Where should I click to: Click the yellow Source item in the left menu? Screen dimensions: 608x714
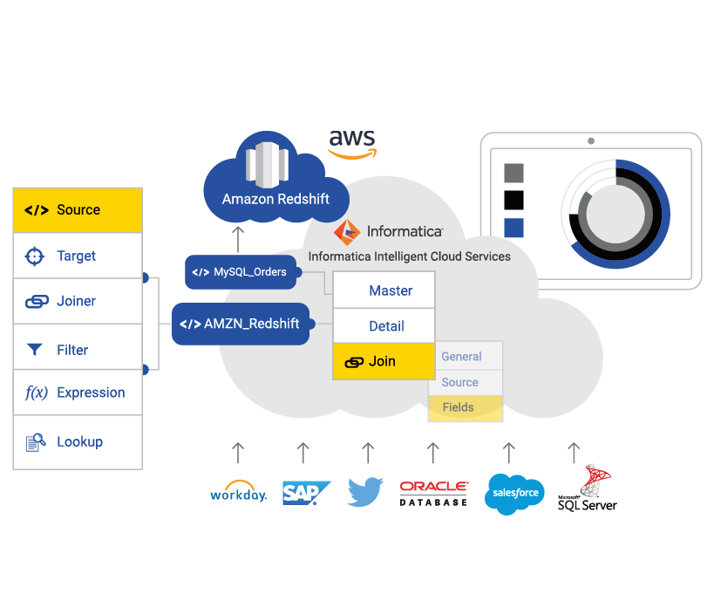coord(77,210)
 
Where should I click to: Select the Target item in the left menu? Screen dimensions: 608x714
coord(77,256)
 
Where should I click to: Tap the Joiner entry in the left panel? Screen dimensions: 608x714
coord(77,302)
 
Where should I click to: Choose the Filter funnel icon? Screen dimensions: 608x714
coord(35,350)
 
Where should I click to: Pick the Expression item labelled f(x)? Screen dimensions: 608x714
coord(77,393)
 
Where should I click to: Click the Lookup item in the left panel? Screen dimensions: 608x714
coord(77,442)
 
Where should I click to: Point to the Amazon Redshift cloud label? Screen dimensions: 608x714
coord(275,199)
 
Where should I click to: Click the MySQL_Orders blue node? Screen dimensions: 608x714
coord(241,272)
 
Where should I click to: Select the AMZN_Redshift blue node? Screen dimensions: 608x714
coord(241,324)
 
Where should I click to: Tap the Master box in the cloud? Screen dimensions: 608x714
coord(384,290)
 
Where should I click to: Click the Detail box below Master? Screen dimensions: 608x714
coord(384,326)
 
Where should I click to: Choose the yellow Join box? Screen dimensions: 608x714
coord(384,361)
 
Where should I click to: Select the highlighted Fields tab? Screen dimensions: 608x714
coord(465,407)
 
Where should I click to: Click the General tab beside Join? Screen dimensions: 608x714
coord(465,357)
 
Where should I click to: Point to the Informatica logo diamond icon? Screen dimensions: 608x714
coord(347,232)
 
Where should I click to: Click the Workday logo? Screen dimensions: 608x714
coord(238,493)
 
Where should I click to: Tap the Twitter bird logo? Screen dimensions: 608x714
coord(366,492)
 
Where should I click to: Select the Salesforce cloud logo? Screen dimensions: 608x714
coord(514,494)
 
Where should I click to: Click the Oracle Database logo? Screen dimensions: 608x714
coord(433,493)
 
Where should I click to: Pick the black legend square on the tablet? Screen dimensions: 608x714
coord(514,201)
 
